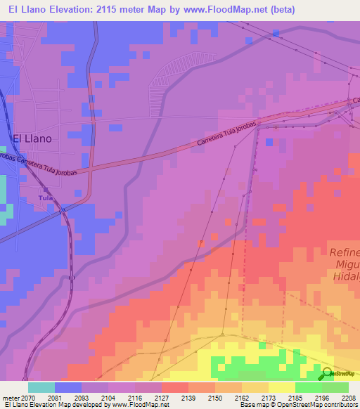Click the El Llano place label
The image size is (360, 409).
click(x=32, y=139)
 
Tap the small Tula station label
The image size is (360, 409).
click(x=46, y=198)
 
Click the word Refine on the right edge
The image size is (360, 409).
click(x=345, y=252)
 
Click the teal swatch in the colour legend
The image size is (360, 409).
click(x=41, y=387)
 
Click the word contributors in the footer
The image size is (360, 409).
click(x=340, y=405)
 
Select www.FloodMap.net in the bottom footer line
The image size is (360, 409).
click(x=140, y=405)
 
